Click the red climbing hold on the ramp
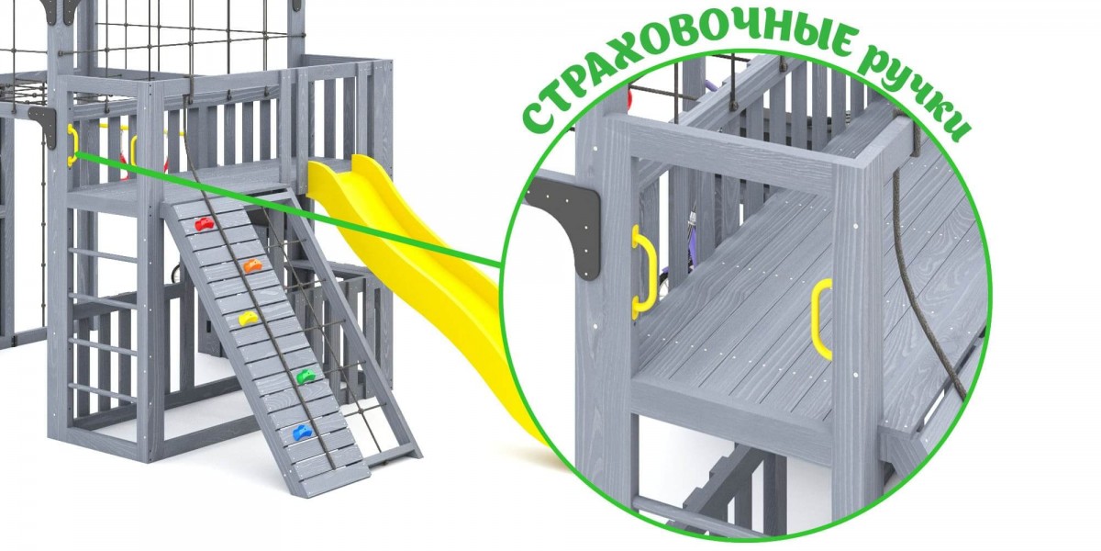click(x=205, y=224)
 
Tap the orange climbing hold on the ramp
click(x=252, y=265)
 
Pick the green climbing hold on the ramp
click(x=306, y=377)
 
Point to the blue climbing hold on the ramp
click(x=302, y=433)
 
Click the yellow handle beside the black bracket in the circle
click(x=644, y=270)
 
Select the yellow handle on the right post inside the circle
click(x=822, y=319)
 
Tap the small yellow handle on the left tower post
click(x=72, y=145)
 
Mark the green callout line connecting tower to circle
click(x=289, y=210)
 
